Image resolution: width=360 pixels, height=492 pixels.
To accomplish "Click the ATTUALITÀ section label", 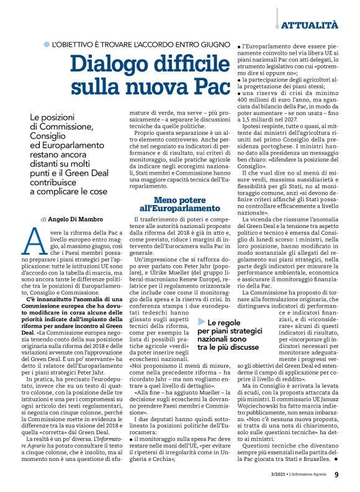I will click(310, 25).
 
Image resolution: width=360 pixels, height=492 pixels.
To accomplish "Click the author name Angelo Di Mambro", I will click(74, 219).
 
